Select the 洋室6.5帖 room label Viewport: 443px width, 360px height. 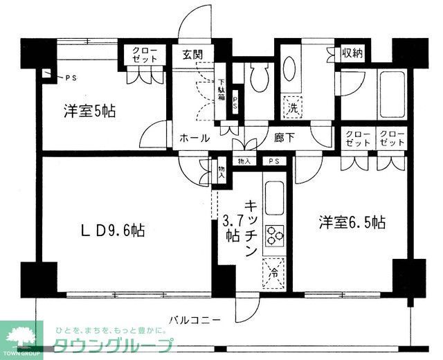point(352,222)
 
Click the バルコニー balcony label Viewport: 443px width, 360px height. point(196,321)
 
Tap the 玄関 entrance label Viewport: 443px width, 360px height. point(192,55)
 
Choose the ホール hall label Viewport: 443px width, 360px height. point(195,138)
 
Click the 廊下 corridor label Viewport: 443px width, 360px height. point(284,138)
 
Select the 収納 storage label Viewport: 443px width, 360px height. point(351,53)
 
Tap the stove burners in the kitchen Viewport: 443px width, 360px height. point(274,236)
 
